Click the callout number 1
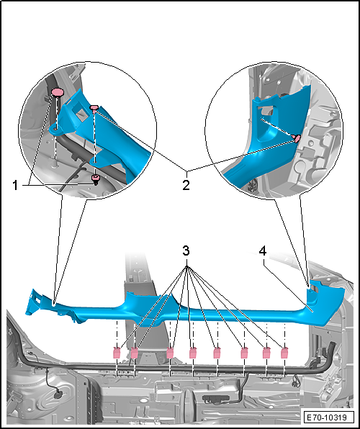click(16, 186)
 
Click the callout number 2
click(186, 186)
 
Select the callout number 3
click(186, 250)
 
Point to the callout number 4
click(263, 250)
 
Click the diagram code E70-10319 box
click(326, 417)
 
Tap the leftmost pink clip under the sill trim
click(117, 353)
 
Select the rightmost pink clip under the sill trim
click(284, 353)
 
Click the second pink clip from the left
click(135, 353)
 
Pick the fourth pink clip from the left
click(193, 353)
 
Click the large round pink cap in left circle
click(58, 92)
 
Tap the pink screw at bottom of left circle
click(95, 179)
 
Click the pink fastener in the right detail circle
click(297, 138)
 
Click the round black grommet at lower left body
click(58, 394)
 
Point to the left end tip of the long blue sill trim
click(26, 314)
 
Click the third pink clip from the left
click(170, 353)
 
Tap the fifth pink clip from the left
click(217, 353)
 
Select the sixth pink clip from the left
click(244, 353)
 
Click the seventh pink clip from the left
click(266, 353)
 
